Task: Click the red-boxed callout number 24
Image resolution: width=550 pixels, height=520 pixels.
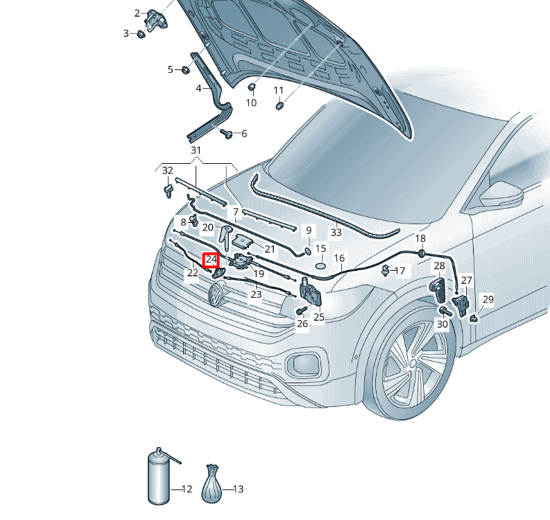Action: pyautogui.click(x=211, y=260)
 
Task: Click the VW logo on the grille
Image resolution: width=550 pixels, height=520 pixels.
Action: pyautogui.click(x=216, y=294)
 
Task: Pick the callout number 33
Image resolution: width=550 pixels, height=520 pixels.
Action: pyautogui.click(x=336, y=232)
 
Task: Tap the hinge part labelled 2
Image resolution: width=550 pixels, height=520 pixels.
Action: pyautogui.click(x=156, y=20)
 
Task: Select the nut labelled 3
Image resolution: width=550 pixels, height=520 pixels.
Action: pyautogui.click(x=141, y=34)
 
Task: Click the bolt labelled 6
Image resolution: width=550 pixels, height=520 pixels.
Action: pyautogui.click(x=227, y=133)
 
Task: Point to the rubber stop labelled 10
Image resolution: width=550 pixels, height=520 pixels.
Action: pyautogui.click(x=252, y=87)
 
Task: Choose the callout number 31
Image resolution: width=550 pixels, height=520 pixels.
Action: pyautogui.click(x=196, y=150)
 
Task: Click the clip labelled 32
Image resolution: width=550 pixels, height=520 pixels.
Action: pyautogui.click(x=169, y=191)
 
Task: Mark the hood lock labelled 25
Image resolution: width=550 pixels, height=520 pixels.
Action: pyautogui.click(x=310, y=292)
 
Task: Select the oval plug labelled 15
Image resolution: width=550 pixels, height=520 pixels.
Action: pyautogui.click(x=320, y=266)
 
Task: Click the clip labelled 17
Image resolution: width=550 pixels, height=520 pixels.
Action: pyautogui.click(x=385, y=271)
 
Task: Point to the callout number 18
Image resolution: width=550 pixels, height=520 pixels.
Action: pyautogui.click(x=420, y=238)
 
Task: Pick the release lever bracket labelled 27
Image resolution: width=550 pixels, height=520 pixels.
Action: pyautogui.click(x=461, y=305)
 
